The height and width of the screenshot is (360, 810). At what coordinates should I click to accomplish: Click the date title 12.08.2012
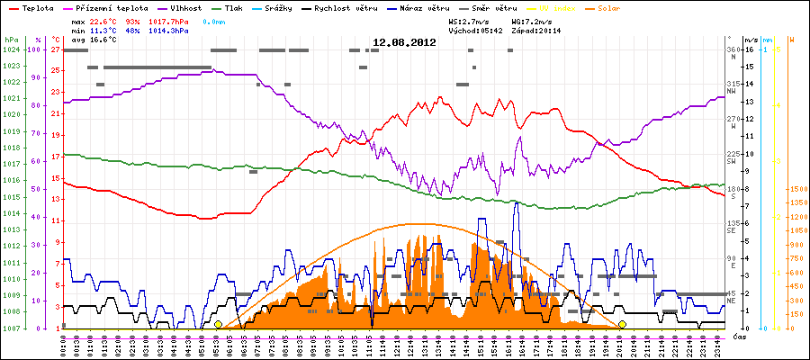point(404,41)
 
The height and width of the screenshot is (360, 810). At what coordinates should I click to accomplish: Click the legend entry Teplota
point(31,7)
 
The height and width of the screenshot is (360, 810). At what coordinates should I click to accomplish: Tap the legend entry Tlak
point(234,7)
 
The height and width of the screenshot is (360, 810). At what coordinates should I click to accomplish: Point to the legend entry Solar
point(623,7)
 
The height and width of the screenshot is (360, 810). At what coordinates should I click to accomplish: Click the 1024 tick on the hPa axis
point(11,49)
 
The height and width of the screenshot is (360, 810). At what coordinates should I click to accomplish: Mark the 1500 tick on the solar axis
point(797,189)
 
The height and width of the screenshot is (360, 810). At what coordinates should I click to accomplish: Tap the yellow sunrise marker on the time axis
point(218,324)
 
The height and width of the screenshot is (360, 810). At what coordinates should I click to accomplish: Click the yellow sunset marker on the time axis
point(622,324)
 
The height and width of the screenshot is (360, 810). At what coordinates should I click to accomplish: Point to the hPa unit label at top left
point(11,40)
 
